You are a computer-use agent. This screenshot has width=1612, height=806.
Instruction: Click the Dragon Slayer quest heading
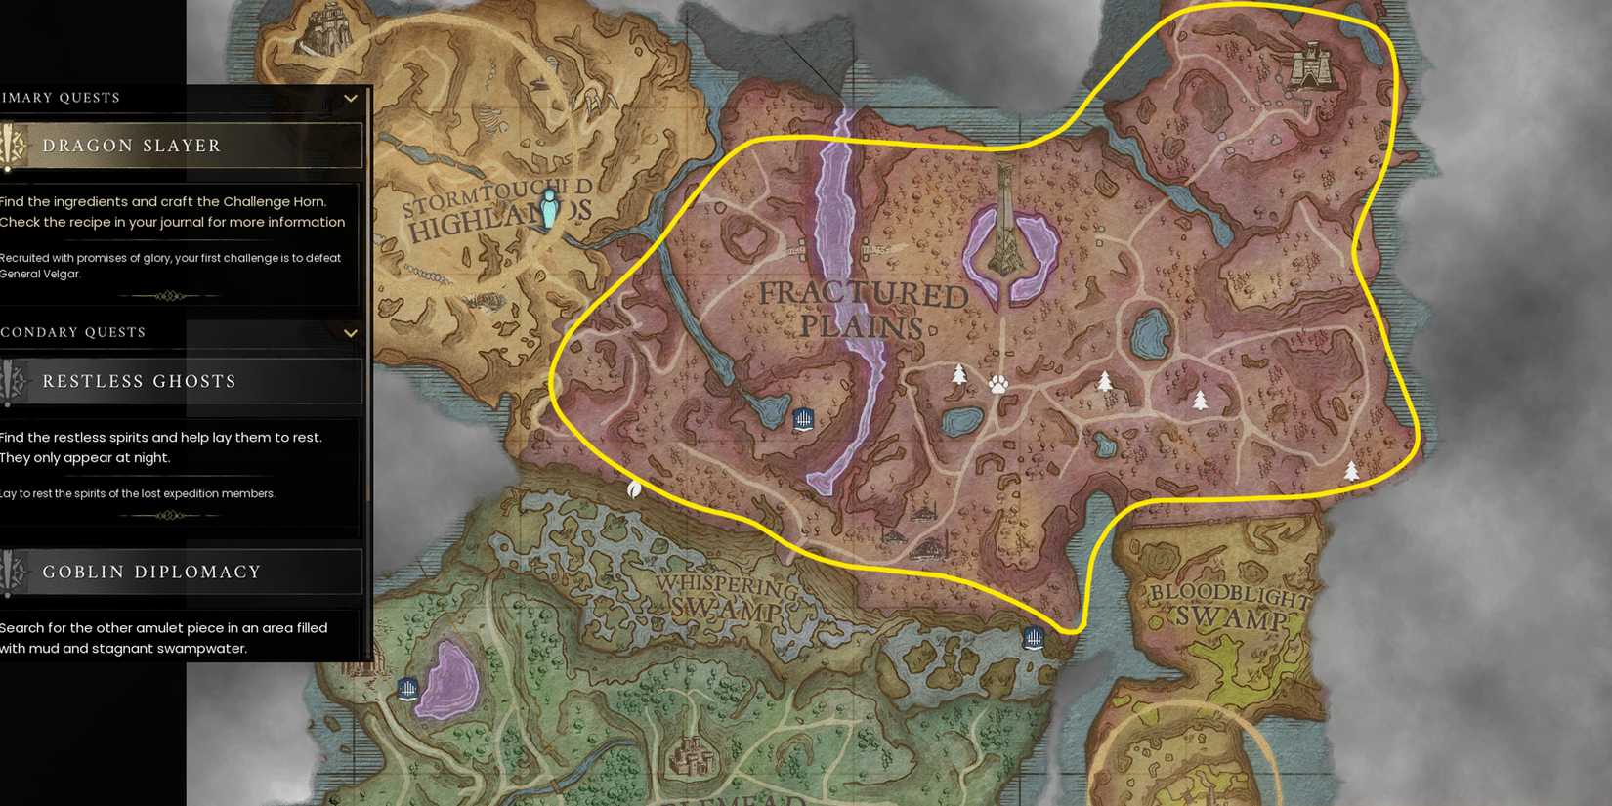132,146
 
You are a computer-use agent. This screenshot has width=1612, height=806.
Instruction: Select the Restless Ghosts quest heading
139,381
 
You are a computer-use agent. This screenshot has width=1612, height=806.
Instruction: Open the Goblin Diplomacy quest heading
151,572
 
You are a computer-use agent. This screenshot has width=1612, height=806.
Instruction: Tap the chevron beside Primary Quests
351,98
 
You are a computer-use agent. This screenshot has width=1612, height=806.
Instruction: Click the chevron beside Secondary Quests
351,333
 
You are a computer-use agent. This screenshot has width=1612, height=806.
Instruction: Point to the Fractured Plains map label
864,309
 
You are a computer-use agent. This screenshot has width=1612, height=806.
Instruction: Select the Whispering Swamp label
728,598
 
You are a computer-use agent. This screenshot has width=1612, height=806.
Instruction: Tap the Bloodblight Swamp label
1230,606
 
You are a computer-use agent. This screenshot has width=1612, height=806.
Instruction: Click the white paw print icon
997,384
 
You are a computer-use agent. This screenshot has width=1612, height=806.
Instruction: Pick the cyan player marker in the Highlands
549,208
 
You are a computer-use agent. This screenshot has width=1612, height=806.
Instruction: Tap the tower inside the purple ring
1005,225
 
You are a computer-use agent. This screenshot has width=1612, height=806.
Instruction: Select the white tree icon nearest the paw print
959,374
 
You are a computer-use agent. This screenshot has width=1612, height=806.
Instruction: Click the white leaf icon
633,488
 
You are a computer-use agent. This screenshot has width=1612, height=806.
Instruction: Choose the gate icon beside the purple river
803,420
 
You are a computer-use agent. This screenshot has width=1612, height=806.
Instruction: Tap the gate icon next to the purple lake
408,690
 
